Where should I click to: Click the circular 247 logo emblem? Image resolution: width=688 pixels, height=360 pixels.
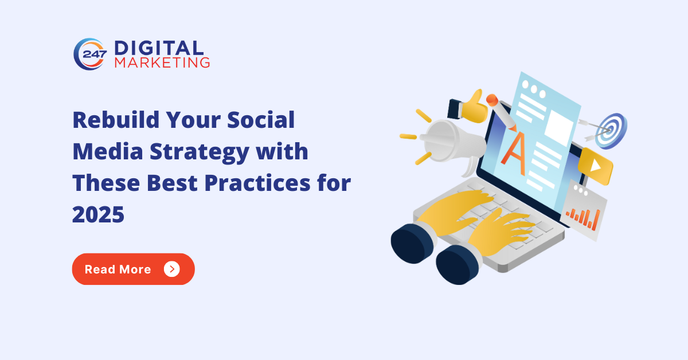tap(89, 54)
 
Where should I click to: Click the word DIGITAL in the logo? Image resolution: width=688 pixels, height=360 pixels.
tap(158, 48)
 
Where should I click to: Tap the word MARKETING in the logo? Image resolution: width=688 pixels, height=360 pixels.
tap(162, 62)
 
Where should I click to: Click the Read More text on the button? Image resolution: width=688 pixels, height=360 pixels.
tap(118, 269)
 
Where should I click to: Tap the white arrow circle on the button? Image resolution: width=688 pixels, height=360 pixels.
tap(171, 269)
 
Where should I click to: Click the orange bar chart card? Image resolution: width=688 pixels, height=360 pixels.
tap(583, 210)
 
